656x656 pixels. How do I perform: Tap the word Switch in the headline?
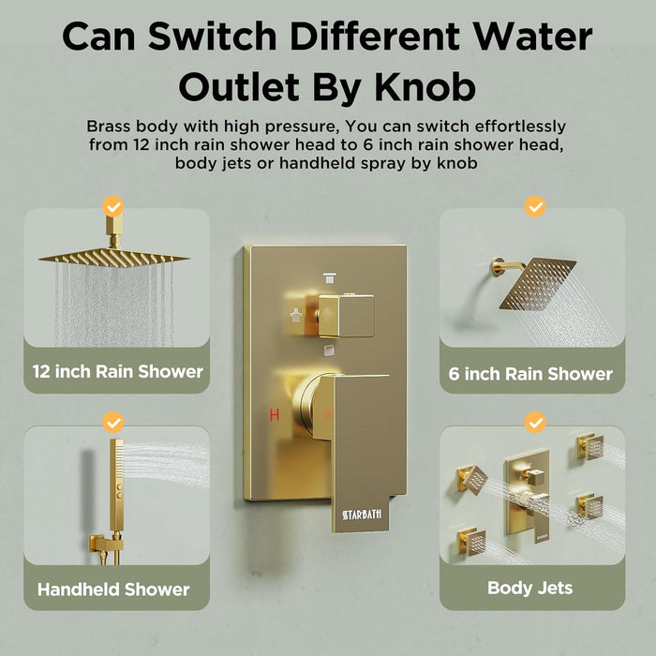click(212, 36)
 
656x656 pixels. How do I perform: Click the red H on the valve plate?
click(275, 415)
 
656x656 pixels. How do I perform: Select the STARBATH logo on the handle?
click(362, 514)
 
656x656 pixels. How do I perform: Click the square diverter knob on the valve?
click(346, 316)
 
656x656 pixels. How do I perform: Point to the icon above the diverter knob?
click(329, 277)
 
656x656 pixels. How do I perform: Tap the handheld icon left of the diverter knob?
click(296, 316)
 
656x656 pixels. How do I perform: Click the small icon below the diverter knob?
click(329, 350)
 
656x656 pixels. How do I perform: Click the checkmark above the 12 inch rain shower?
click(113, 207)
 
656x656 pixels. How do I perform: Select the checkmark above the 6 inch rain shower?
click(535, 207)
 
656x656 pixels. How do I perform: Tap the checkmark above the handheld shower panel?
click(113, 423)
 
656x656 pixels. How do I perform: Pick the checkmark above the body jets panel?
click(535, 423)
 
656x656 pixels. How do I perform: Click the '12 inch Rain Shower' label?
click(117, 371)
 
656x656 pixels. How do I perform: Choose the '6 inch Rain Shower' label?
click(530, 374)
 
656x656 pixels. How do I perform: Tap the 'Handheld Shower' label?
click(113, 589)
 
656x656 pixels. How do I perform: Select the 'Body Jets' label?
click(530, 588)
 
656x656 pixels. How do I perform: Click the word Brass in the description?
click(109, 126)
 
